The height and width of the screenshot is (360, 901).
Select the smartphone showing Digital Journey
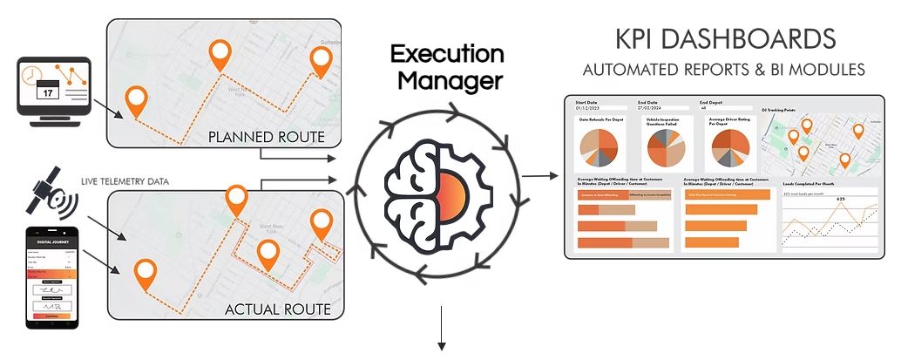54,279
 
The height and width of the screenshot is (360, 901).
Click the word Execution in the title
446,54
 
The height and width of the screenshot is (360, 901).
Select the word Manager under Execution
446,82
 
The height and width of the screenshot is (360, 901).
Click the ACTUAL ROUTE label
277,309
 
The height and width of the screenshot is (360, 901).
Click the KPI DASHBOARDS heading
726,39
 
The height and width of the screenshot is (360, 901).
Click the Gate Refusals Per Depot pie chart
598,147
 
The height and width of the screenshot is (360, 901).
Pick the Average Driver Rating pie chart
729,147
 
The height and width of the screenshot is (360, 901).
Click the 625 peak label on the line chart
841,200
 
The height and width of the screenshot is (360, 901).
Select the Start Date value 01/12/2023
587,108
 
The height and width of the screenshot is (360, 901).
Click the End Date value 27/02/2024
650,108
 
